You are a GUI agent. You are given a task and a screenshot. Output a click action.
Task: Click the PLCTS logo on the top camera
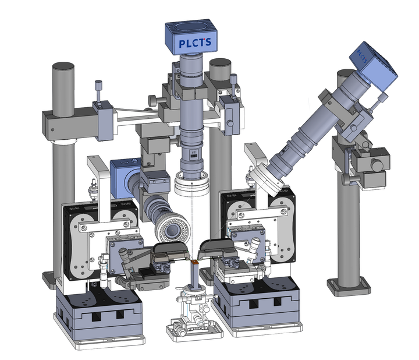(x=195, y=43)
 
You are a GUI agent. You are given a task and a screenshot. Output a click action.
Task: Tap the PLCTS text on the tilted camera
(x=362, y=57)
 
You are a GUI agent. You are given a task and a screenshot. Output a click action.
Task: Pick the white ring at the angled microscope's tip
(x=267, y=179)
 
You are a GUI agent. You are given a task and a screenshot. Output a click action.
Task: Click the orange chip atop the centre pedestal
(x=195, y=262)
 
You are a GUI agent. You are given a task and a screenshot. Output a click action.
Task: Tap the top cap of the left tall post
(x=63, y=66)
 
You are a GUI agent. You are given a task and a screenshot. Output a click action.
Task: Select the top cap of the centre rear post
(x=220, y=63)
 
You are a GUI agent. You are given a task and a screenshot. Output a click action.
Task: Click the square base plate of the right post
(x=349, y=288)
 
